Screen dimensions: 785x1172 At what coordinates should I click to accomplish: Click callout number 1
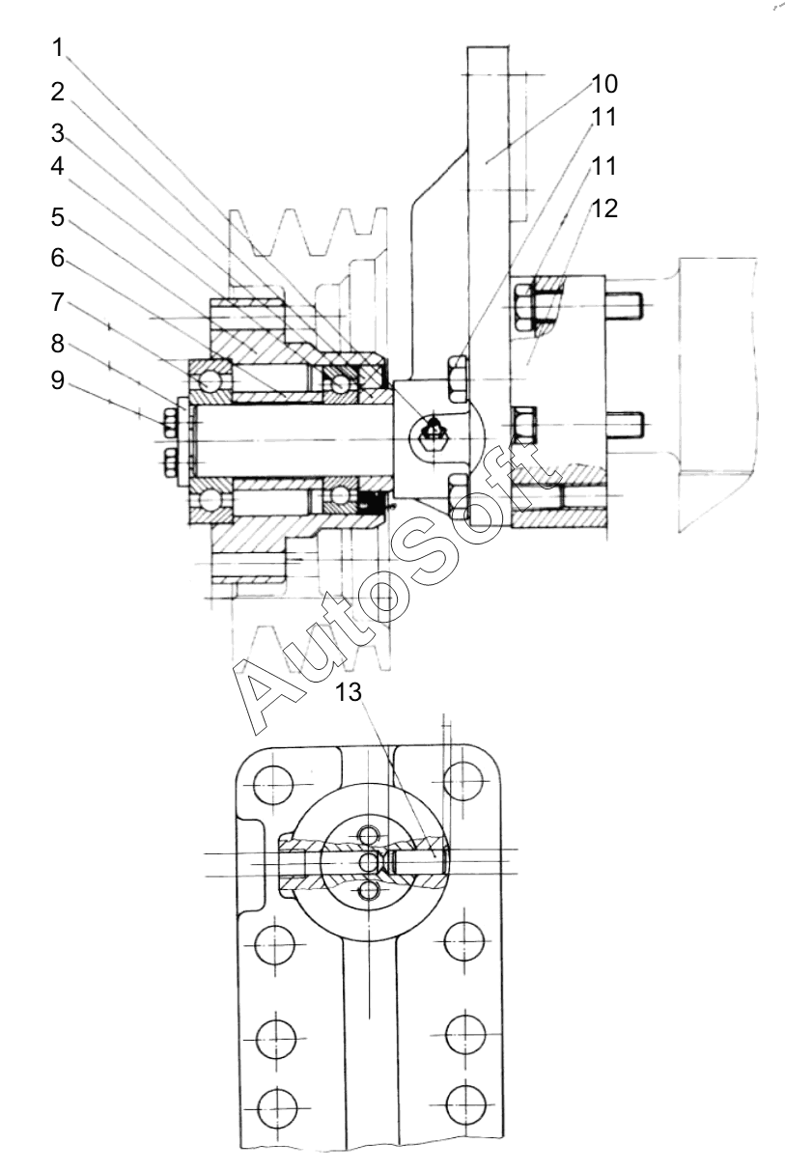click(58, 47)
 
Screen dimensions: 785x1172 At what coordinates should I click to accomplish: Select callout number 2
click(58, 92)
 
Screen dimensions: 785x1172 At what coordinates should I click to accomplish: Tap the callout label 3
click(58, 133)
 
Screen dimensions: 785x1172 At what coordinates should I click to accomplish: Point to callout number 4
click(58, 166)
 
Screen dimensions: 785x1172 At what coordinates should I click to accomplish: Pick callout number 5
click(58, 216)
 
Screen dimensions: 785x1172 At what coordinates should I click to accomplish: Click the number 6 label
click(58, 258)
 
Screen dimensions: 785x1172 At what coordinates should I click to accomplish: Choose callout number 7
click(58, 302)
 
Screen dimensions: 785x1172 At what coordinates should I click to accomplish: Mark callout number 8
click(58, 344)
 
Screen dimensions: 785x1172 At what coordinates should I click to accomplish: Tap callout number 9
click(58, 379)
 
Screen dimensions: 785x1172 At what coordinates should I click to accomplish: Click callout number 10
click(604, 84)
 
